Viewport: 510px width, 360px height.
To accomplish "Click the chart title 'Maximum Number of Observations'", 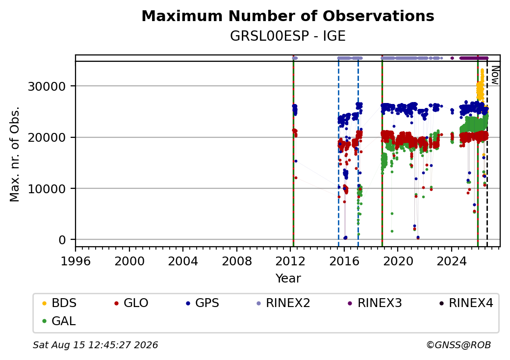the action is pyautogui.click(x=288, y=16).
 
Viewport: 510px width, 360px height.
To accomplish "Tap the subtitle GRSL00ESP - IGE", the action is pyautogui.click(x=288, y=36).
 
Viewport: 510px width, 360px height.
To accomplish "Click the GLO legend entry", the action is pyautogui.click(x=131, y=303).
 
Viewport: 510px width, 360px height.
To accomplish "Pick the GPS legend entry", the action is pyautogui.click(x=203, y=303).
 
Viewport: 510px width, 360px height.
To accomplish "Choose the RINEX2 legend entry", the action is pyautogui.click(x=283, y=303).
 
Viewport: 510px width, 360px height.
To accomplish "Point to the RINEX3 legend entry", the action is pyautogui.click(x=375, y=303).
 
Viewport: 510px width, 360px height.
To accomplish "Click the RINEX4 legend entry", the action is pyautogui.click(x=466, y=303).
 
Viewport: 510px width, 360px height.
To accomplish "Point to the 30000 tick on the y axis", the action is pyautogui.click(x=47, y=86).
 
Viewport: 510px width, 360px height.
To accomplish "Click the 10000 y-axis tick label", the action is pyautogui.click(x=47, y=189).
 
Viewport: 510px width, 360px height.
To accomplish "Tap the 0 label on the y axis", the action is pyautogui.click(x=62, y=240).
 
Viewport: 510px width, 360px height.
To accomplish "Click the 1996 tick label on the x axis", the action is pyautogui.click(x=76, y=261).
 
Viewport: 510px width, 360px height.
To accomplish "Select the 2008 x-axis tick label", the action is pyautogui.click(x=237, y=261).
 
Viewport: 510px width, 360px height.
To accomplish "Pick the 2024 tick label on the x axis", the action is pyautogui.click(x=452, y=261).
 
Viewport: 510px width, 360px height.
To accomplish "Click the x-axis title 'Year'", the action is pyautogui.click(x=288, y=279).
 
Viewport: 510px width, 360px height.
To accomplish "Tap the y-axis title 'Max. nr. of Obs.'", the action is pyautogui.click(x=15, y=154).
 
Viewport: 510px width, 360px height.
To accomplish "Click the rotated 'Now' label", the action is pyautogui.click(x=495, y=75).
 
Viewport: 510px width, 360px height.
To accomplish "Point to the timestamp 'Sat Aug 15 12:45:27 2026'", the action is pyautogui.click(x=95, y=345).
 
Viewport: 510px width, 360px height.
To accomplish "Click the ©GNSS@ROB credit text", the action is pyautogui.click(x=459, y=345).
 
